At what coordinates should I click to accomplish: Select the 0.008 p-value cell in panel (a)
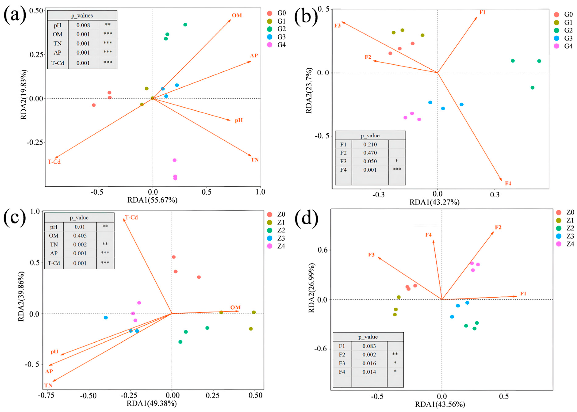[x=83, y=25]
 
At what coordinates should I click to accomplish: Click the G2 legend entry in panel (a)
[x=277, y=29]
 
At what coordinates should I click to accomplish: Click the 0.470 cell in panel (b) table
[x=370, y=153]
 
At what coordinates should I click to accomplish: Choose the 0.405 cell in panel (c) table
[x=80, y=236]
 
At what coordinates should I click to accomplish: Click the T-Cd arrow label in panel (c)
[x=131, y=217]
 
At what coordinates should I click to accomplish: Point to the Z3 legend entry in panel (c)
[x=277, y=238]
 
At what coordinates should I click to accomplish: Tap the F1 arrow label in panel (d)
[x=523, y=294]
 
